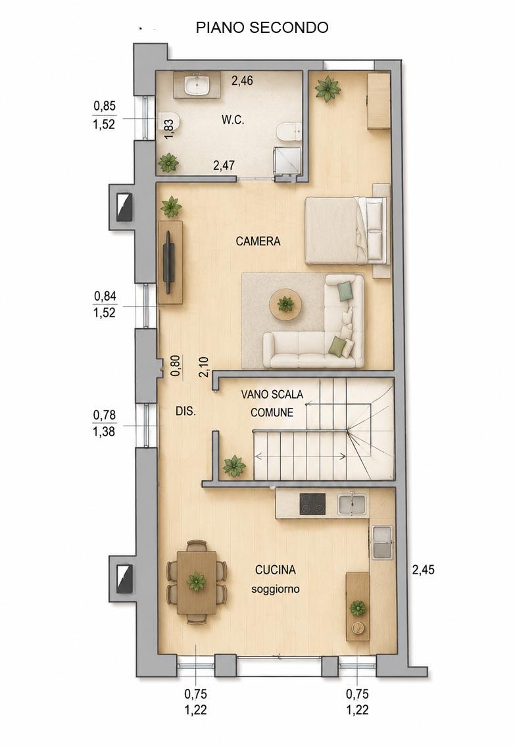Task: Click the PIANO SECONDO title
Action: (x=262, y=28)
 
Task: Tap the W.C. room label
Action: (x=233, y=120)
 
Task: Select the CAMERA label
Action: (x=258, y=241)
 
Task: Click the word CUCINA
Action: (x=276, y=570)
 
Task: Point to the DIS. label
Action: (x=185, y=412)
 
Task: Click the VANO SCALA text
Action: (x=272, y=395)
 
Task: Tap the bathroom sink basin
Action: (x=197, y=86)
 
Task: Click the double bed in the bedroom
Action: (x=346, y=230)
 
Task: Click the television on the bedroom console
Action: (x=168, y=262)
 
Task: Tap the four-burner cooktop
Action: (x=312, y=505)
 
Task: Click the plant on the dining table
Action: (x=196, y=582)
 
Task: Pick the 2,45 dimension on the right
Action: (x=423, y=570)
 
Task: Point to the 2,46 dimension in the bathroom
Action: (x=242, y=80)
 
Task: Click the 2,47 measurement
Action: (x=224, y=166)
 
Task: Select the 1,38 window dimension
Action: (x=104, y=432)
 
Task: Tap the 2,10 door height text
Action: (x=204, y=367)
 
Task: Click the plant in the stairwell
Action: (x=234, y=466)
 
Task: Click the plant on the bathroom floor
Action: (x=168, y=162)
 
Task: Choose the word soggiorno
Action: (x=276, y=589)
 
